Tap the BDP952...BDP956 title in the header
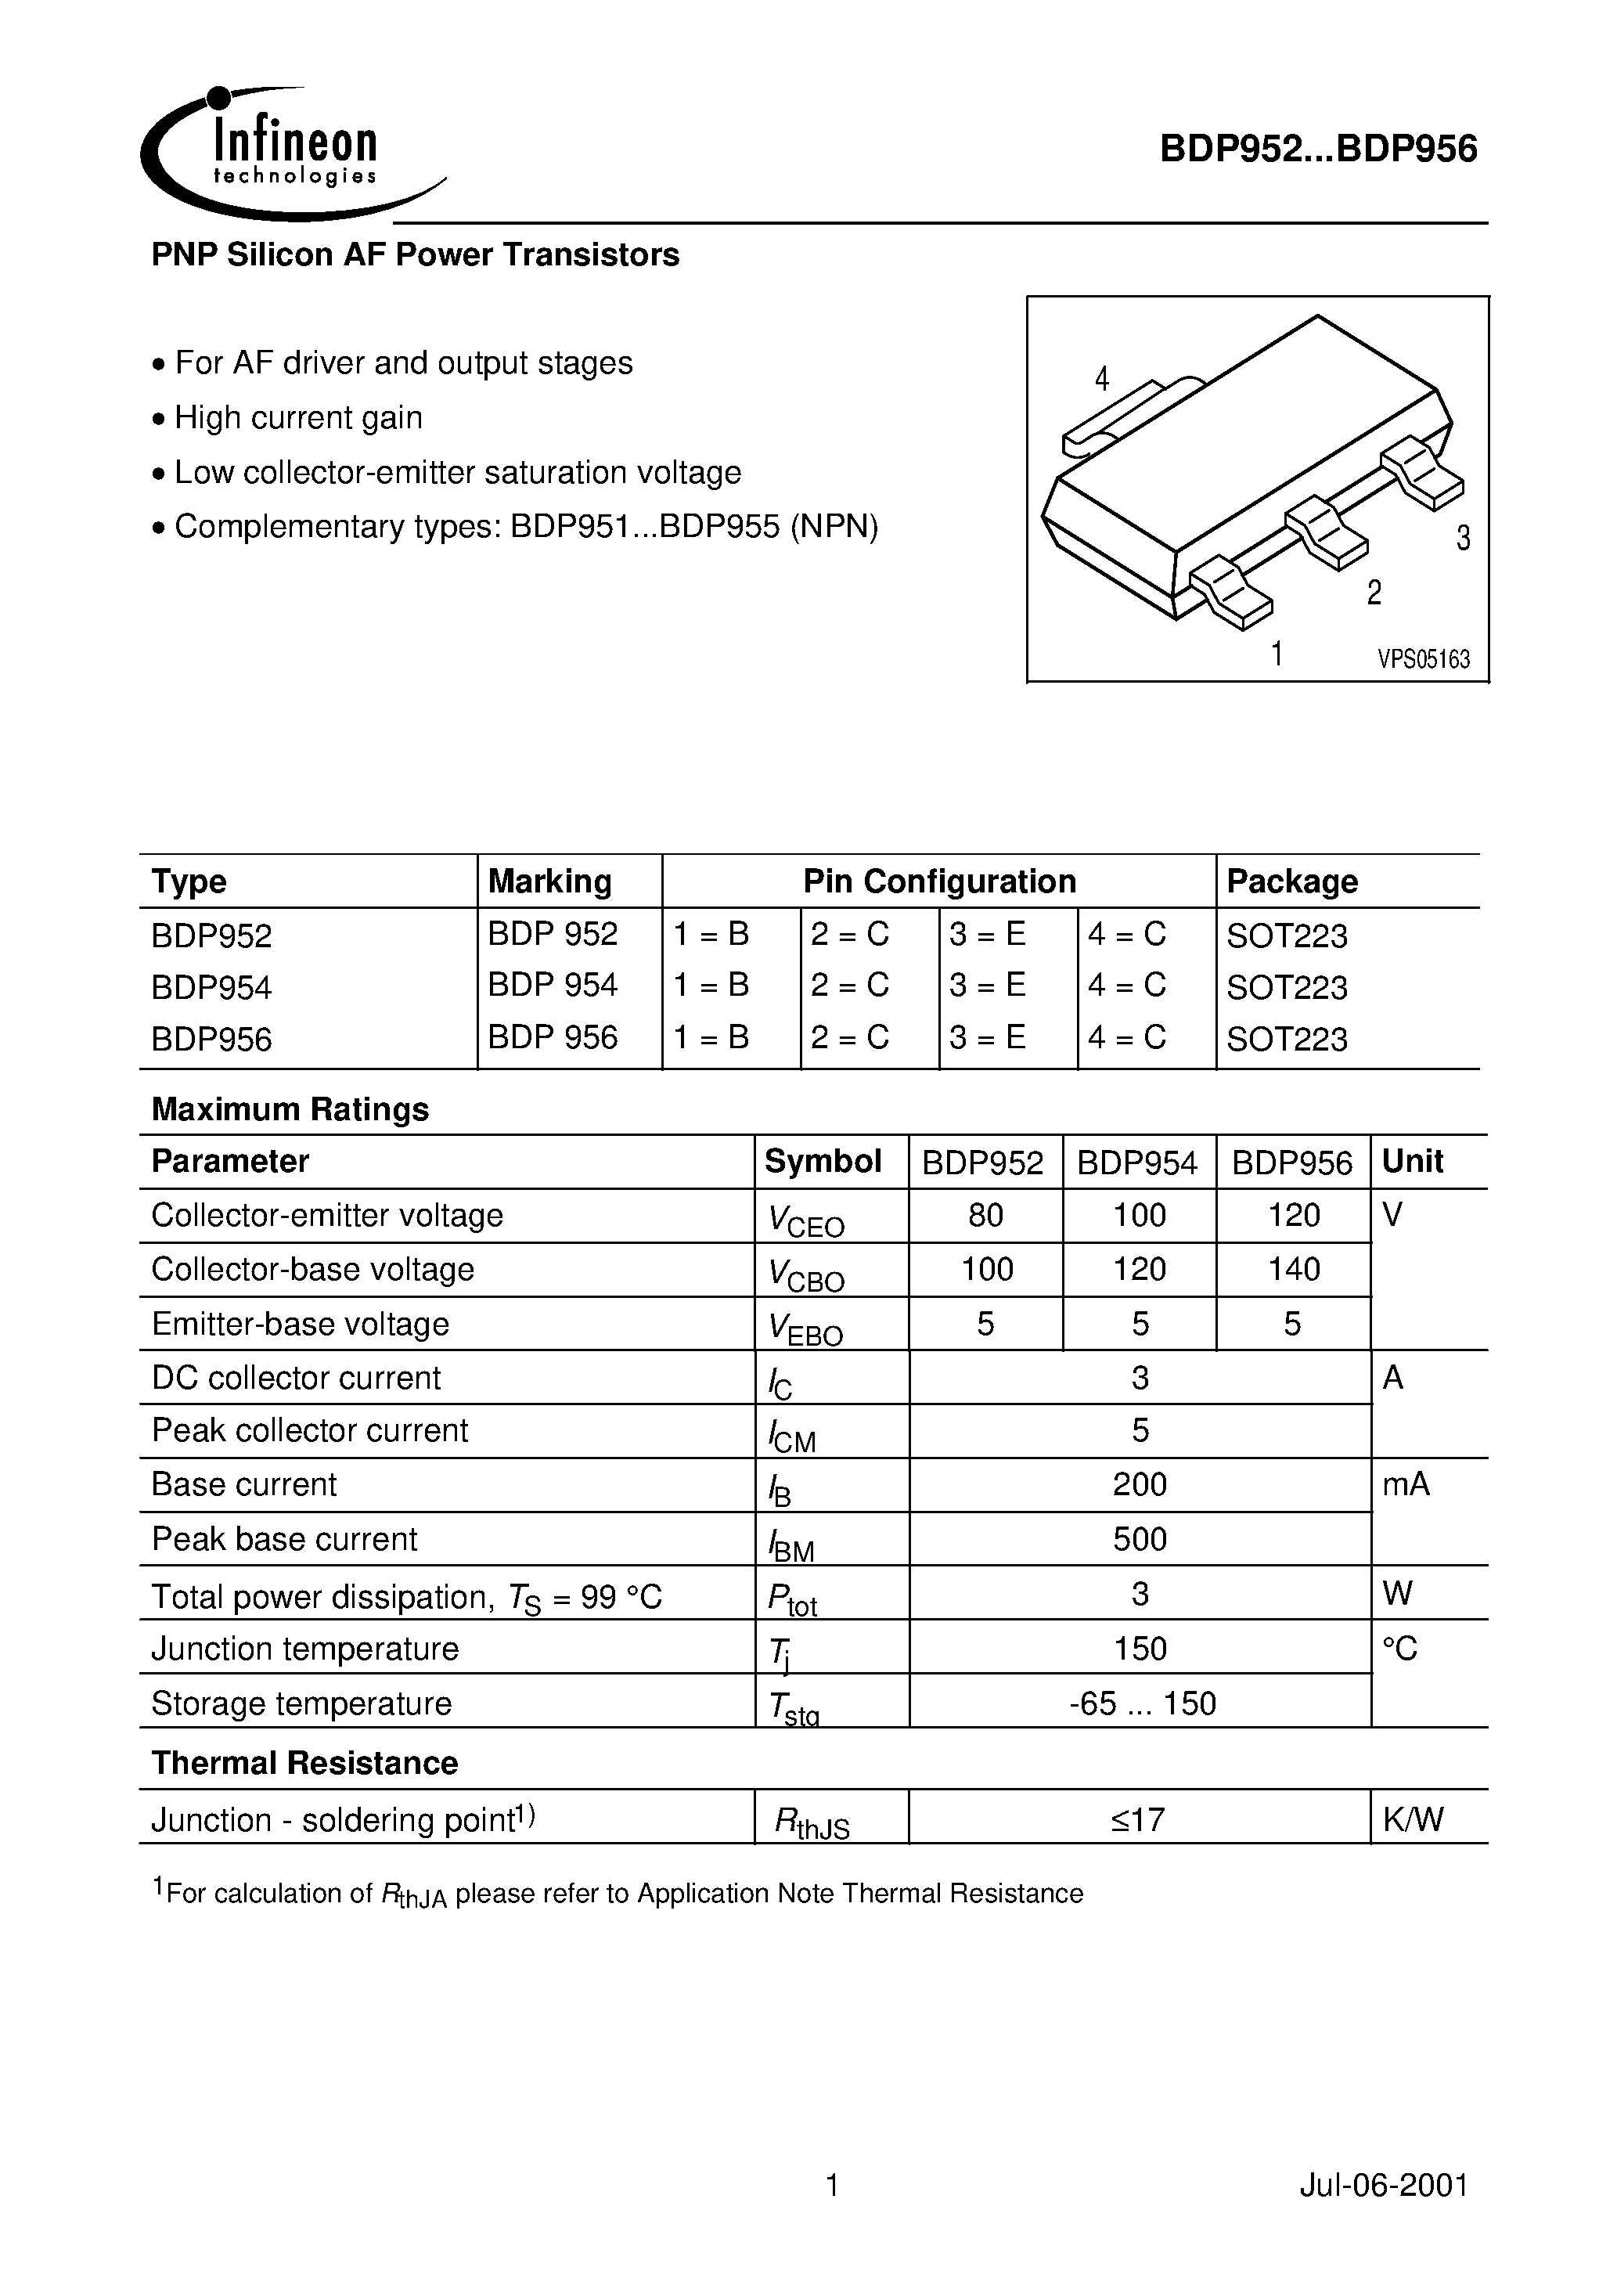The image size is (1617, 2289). click(x=1318, y=150)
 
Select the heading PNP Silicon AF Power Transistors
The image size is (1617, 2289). click(x=415, y=255)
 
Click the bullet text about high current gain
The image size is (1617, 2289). click(x=298, y=418)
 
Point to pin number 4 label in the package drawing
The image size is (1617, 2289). click(x=1101, y=379)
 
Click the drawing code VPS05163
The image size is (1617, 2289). click(x=1424, y=659)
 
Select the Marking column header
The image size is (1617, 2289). click(x=549, y=881)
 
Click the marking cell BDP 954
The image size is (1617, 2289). click(x=553, y=985)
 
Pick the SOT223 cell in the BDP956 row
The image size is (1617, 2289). click(x=1286, y=1039)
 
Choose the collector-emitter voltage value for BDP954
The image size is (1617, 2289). click(x=1139, y=1215)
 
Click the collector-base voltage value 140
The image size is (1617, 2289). click(x=1293, y=1269)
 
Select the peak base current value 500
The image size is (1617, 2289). click(x=1140, y=1539)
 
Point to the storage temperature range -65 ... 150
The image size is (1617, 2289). click(x=1141, y=1703)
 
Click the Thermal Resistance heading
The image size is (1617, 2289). click(x=304, y=1764)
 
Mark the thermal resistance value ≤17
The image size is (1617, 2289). click(x=1139, y=1820)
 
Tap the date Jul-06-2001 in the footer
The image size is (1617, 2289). click(x=1384, y=2186)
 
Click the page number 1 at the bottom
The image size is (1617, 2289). click(x=833, y=2186)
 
